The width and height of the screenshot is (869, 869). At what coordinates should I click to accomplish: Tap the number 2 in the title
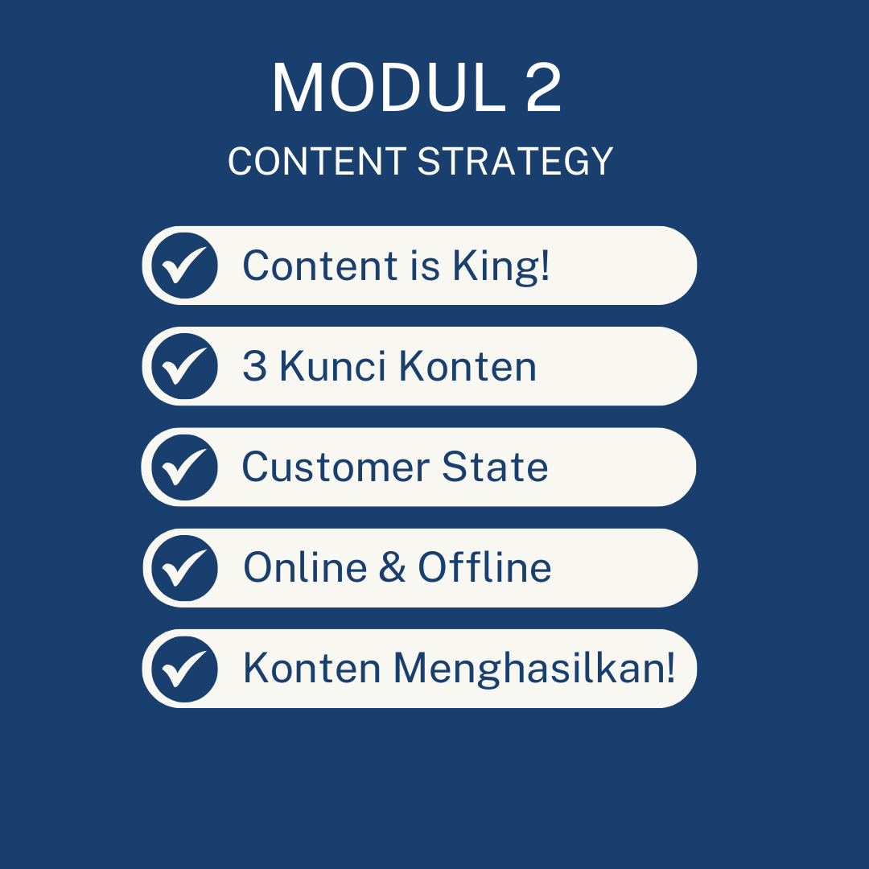[543, 89]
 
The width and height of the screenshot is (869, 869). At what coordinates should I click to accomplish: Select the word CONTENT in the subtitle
[317, 161]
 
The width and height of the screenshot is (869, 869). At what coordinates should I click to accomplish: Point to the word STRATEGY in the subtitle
[515, 161]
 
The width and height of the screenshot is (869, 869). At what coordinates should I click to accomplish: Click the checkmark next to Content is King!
[184, 266]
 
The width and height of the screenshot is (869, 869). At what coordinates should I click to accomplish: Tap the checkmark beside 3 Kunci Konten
[184, 366]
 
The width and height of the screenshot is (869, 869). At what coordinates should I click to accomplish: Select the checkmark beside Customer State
[184, 467]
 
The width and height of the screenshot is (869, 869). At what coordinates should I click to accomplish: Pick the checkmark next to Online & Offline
[184, 568]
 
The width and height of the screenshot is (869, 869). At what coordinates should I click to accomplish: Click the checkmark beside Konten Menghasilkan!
[184, 669]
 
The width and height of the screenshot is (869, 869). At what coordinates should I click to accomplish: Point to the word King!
[501, 266]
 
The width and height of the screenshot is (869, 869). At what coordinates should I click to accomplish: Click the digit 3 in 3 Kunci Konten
[254, 366]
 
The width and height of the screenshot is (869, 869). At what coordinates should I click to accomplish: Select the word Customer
[336, 467]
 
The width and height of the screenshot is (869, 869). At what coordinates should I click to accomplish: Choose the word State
[495, 467]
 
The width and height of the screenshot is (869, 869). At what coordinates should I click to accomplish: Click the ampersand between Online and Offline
[393, 567]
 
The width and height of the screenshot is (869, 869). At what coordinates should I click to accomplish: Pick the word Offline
[485, 567]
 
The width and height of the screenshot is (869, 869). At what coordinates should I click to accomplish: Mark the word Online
[306, 567]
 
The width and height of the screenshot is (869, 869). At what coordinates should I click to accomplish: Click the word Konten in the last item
[312, 668]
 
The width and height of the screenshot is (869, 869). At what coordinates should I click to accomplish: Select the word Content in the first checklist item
[320, 266]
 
